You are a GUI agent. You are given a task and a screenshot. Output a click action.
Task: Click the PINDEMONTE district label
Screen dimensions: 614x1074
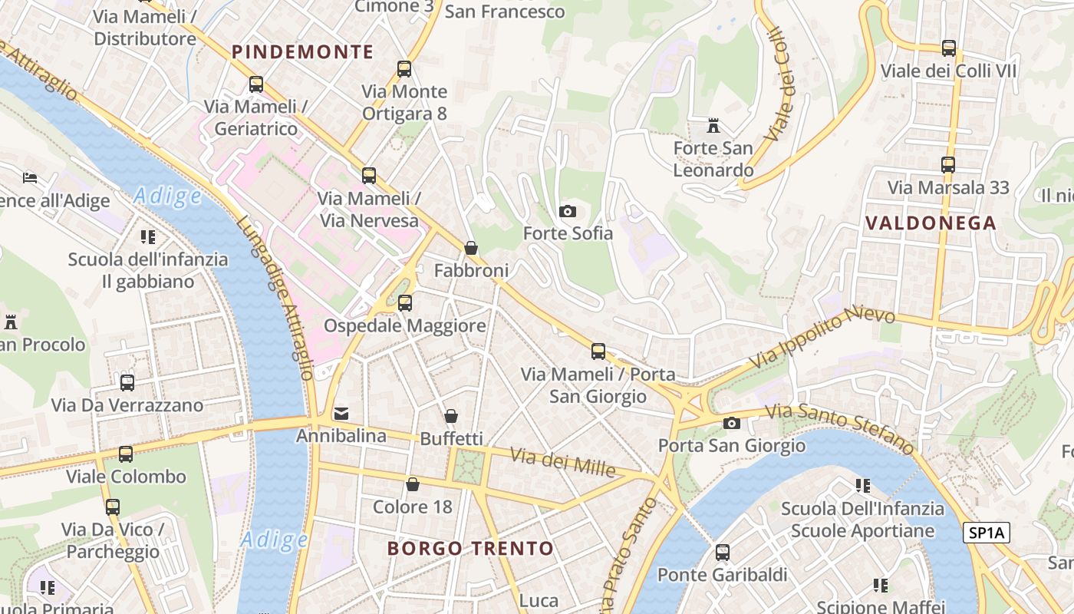(x=303, y=52)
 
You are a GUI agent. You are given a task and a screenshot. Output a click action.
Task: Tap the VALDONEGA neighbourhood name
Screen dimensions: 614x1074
(x=931, y=223)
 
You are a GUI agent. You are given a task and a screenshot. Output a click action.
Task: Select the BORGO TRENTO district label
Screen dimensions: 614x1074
(x=470, y=549)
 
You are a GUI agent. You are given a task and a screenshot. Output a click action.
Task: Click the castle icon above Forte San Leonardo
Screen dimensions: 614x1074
(x=713, y=125)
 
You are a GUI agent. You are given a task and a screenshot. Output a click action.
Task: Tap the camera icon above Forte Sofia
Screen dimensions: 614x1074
(x=568, y=211)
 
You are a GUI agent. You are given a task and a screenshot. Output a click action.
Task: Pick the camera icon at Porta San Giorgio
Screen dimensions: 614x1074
(x=732, y=423)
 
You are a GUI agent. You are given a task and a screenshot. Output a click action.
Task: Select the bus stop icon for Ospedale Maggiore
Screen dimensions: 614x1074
(x=404, y=303)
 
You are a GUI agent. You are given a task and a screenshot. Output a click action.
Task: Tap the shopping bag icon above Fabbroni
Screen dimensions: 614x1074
(x=471, y=248)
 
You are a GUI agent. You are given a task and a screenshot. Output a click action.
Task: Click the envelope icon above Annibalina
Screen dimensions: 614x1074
(x=341, y=414)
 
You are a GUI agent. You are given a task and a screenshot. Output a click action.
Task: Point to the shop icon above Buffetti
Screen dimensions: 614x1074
(x=451, y=416)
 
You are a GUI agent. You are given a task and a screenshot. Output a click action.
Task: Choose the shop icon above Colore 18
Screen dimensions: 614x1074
(x=413, y=484)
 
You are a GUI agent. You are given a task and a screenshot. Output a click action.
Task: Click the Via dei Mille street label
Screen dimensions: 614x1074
(x=562, y=461)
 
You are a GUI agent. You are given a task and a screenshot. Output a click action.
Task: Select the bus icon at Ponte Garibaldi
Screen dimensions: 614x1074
(x=722, y=552)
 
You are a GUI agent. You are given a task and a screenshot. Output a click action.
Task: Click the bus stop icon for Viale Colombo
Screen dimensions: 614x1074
(x=126, y=454)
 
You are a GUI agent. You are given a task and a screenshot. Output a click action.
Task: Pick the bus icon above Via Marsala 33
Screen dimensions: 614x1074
(x=948, y=165)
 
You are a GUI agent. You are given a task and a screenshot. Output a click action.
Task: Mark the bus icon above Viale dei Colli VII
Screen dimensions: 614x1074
(x=949, y=48)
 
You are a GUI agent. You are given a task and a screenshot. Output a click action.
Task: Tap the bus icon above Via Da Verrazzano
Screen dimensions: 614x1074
(x=127, y=382)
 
